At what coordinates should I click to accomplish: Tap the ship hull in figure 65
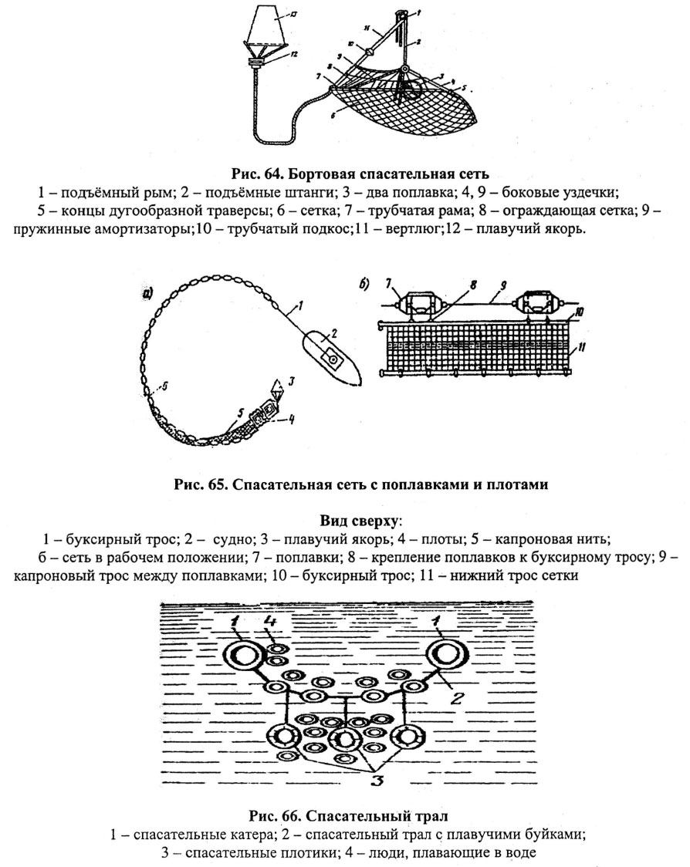tap(331, 359)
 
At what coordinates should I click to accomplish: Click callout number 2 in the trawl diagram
tap(456, 698)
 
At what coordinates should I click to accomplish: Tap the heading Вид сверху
tap(360, 521)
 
